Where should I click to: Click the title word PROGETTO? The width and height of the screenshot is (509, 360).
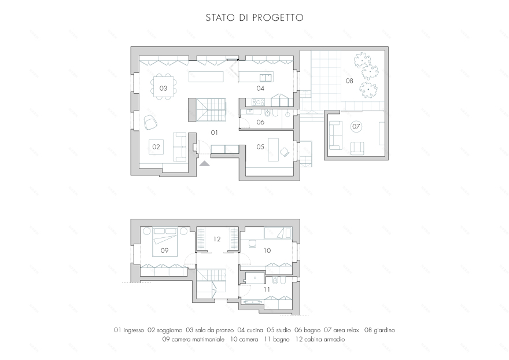278,17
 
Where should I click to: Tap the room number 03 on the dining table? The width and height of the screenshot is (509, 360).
163,88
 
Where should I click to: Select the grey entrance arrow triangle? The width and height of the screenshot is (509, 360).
204,163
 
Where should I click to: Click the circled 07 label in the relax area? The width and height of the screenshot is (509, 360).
356,126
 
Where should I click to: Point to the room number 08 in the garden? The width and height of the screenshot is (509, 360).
349,80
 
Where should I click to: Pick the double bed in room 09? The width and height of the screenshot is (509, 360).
165,242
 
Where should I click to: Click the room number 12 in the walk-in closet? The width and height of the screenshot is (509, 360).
217,239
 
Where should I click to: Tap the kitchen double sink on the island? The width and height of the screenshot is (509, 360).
266,78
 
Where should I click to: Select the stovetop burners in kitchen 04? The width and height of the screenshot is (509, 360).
259,102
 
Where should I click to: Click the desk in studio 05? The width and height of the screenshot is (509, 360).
274,149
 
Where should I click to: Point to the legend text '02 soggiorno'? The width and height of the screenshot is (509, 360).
165,330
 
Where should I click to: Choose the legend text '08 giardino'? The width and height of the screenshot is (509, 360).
379,330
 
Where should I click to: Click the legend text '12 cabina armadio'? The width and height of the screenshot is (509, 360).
320,339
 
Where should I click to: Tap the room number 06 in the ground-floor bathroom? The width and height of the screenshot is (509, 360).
260,122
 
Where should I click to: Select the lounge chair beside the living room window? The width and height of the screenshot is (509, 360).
150,122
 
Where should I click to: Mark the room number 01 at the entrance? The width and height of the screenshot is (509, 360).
214,133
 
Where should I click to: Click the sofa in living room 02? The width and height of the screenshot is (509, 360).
179,147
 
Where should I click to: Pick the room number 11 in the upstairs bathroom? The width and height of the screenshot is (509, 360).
267,289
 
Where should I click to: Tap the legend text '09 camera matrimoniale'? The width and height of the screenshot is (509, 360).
193,339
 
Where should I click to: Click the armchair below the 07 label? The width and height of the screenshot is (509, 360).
357,148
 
